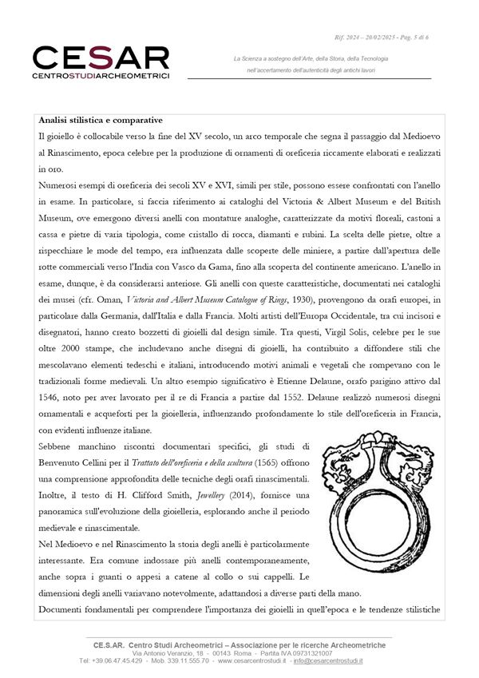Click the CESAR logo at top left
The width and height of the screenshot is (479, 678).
pos(101,57)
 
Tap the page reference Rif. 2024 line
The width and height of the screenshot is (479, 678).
pos(383,37)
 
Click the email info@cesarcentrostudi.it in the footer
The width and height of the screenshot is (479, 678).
pos(329,661)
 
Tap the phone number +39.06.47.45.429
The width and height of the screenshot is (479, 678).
pos(111,661)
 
